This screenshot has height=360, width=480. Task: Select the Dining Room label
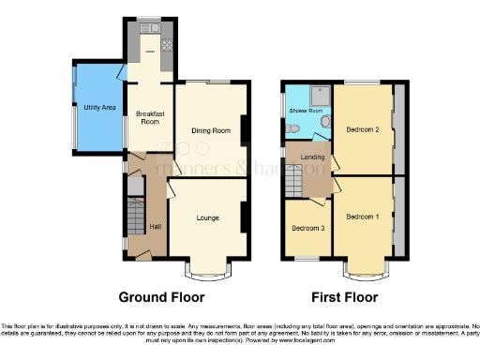(211, 130)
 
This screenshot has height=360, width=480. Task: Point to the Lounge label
(208, 217)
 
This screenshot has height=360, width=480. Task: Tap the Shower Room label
(306, 111)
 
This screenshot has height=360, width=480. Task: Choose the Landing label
(313, 156)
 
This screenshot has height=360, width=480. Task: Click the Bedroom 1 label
(362, 217)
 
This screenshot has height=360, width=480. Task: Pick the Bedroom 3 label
(307, 228)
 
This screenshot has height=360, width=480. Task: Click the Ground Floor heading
(161, 297)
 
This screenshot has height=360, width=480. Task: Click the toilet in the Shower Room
(293, 128)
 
